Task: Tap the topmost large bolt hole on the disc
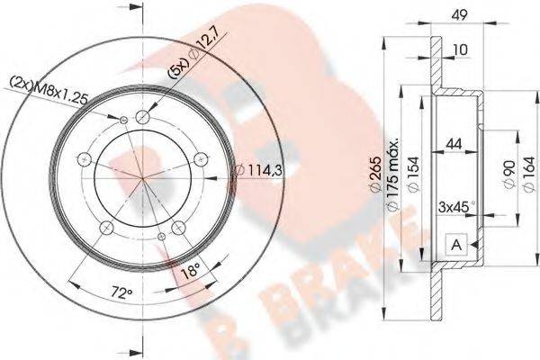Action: [144, 116]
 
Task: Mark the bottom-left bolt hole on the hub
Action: [105, 227]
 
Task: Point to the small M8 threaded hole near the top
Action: [122, 119]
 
